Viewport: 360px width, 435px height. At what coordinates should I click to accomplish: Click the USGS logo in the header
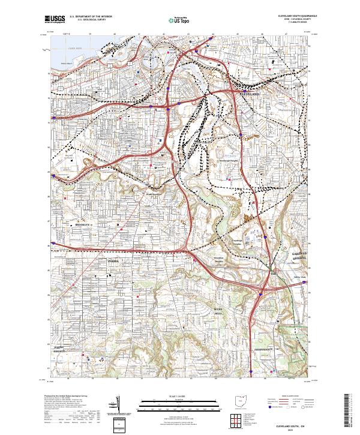(55, 20)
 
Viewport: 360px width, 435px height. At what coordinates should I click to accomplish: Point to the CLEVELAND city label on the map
(250, 95)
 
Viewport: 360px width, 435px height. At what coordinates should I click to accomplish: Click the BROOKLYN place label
(83, 224)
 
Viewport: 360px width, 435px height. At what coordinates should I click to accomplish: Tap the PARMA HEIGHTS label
(58, 350)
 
